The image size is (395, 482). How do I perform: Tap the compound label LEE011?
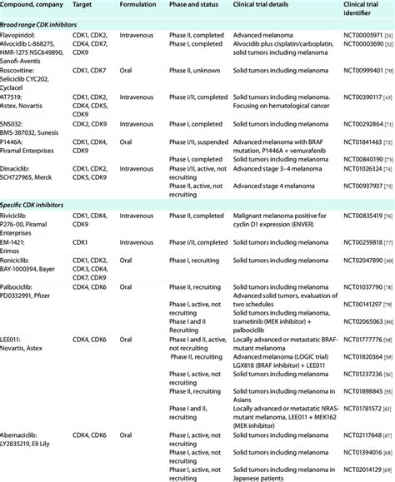[x=14, y=341]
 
